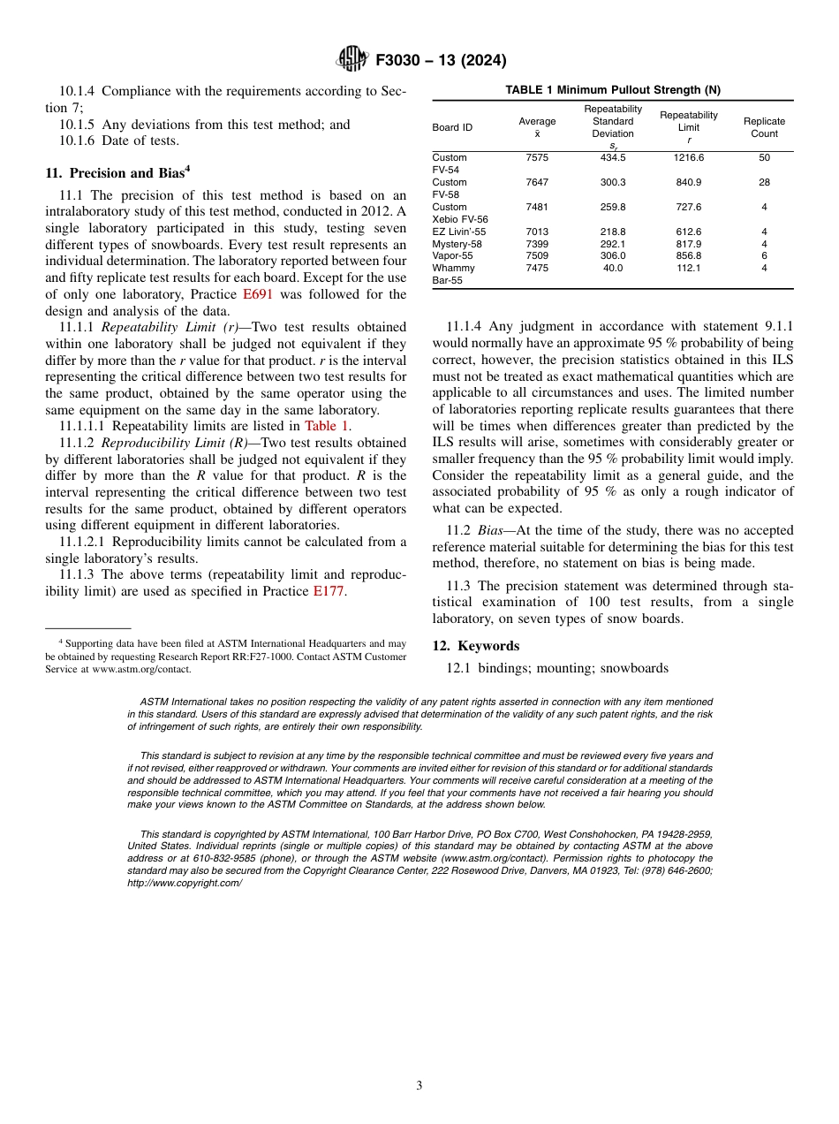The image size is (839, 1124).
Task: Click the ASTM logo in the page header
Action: pyautogui.click(x=352, y=60)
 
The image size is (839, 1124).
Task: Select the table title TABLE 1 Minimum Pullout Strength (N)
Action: pyautogui.click(x=612, y=90)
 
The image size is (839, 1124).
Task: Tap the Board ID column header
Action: pyautogui.click(x=451, y=127)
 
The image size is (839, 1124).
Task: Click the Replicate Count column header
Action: pyautogui.click(x=764, y=127)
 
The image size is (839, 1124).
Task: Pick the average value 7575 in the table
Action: pyautogui.click(x=537, y=157)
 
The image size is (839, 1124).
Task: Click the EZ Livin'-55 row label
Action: pyautogui.click(x=458, y=232)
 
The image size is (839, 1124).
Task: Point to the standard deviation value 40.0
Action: pyautogui.click(x=612, y=269)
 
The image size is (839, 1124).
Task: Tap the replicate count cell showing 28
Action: pyautogui.click(x=764, y=182)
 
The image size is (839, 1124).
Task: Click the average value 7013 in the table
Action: pyautogui.click(x=537, y=232)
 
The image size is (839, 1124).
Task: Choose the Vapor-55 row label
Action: pyautogui.click(x=452, y=256)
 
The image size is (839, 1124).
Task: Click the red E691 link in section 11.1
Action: pyautogui.click(x=257, y=294)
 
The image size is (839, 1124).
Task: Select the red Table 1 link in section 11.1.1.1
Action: pyautogui.click(x=327, y=426)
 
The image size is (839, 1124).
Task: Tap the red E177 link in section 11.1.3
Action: pyautogui.click(x=329, y=592)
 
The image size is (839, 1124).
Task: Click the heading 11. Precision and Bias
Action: pyautogui.click(x=117, y=173)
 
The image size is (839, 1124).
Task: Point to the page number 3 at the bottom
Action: pyautogui.click(x=419, y=1085)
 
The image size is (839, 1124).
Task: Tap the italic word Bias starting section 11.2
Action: pyautogui.click(x=490, y=530)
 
